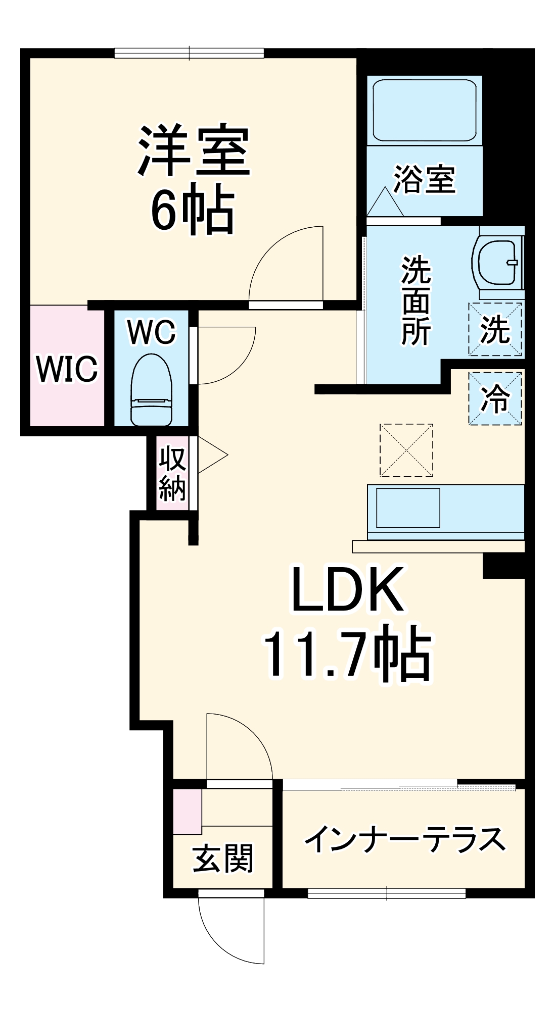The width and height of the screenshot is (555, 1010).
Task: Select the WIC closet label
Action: point(67,369)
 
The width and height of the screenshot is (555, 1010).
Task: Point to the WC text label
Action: point(151,332)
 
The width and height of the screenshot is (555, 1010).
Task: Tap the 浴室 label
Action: point(425,179)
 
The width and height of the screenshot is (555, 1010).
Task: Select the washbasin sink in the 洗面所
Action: point(498,262)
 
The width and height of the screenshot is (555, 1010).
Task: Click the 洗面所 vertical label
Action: point(416,301)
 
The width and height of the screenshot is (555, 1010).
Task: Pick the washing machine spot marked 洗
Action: point(495,329)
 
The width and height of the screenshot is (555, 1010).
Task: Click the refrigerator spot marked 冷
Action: point(495,398)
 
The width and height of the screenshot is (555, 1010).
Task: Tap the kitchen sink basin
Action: point(407,508)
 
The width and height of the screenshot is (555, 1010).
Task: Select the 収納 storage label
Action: point(172,473)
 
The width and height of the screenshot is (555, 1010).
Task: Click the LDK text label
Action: point(348,589)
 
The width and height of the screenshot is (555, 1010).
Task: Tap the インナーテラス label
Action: point(404,839)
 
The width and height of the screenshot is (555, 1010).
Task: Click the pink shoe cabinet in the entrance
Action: point(187,811)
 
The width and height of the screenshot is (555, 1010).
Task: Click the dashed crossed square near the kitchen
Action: point(406,450)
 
